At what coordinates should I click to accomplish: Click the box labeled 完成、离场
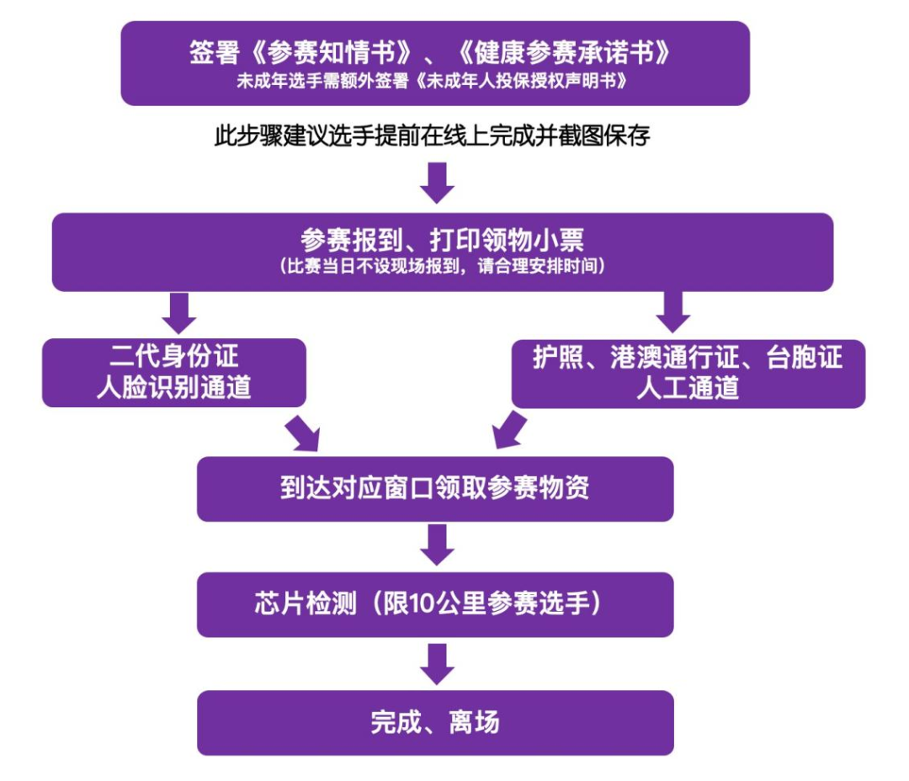[435, 722]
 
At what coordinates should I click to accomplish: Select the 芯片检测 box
[435, 604]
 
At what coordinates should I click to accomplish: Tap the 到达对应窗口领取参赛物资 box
[435, 489]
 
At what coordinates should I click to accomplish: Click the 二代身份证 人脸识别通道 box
[174, 372]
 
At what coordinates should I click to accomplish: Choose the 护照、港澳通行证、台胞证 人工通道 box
[688, 374]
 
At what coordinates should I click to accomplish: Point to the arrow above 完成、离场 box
[437, 665]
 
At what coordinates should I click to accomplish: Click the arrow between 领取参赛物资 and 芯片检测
[437, 545]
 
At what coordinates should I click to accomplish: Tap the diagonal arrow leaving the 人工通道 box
[509, 430]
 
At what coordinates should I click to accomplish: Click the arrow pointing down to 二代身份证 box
[179, 314]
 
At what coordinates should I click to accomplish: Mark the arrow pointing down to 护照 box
[673, 312]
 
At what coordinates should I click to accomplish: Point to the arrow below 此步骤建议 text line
[437, 183]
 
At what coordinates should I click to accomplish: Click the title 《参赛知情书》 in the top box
[332, 53]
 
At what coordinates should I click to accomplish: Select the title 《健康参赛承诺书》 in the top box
[563, 53]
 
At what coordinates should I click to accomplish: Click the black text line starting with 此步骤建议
[433, 135]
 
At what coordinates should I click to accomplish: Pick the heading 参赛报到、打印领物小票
[443, 239]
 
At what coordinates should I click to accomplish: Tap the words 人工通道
[688, 388]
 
